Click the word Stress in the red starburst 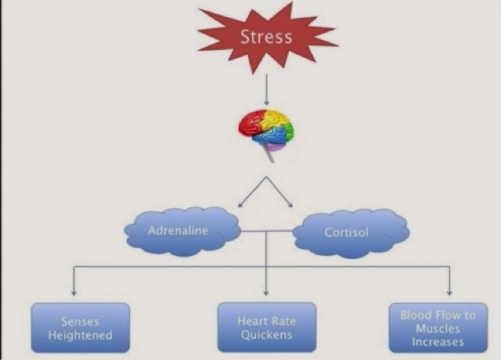[x=265, y=37]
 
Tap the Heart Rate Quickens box [x=265, y=328]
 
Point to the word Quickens [x=265, y=335]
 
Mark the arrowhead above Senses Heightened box [x=74, y=291]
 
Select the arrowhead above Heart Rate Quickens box [x=265, y=291]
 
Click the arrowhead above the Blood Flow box [x=449, y=291]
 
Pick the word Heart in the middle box [x=250, y=322]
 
